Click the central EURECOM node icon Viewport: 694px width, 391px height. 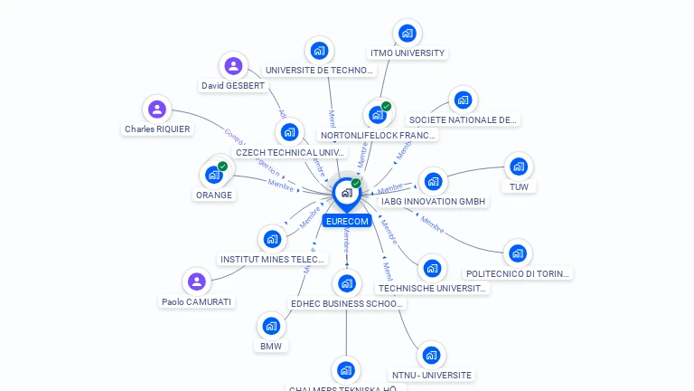(346, 193)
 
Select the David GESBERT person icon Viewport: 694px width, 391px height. (233, 65)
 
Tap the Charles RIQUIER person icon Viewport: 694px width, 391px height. (157, 110)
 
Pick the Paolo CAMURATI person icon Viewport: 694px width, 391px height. (196, 281)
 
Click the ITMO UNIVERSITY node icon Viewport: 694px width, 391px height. (407, 33)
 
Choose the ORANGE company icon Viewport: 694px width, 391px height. (214, 174)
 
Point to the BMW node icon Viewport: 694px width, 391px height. (271, 326)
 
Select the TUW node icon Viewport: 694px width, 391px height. (518, 167)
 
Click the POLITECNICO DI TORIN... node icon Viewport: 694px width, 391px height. (516, 253)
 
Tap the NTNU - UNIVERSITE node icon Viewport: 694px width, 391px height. (431, 355)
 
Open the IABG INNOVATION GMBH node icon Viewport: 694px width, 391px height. (433, 182)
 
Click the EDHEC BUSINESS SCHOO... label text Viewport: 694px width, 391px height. (347, 304)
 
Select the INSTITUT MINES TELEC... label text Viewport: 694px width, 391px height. (272, 260)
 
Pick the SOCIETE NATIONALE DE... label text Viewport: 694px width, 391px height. (464, 119)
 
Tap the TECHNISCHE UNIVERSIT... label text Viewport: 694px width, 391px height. (432, 289)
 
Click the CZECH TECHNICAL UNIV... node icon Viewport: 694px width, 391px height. (289, 132)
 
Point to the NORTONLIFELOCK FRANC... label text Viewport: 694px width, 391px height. (379, 136)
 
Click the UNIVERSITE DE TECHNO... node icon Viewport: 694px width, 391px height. (318, 51)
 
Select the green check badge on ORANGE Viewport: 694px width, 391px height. (222, 166)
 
